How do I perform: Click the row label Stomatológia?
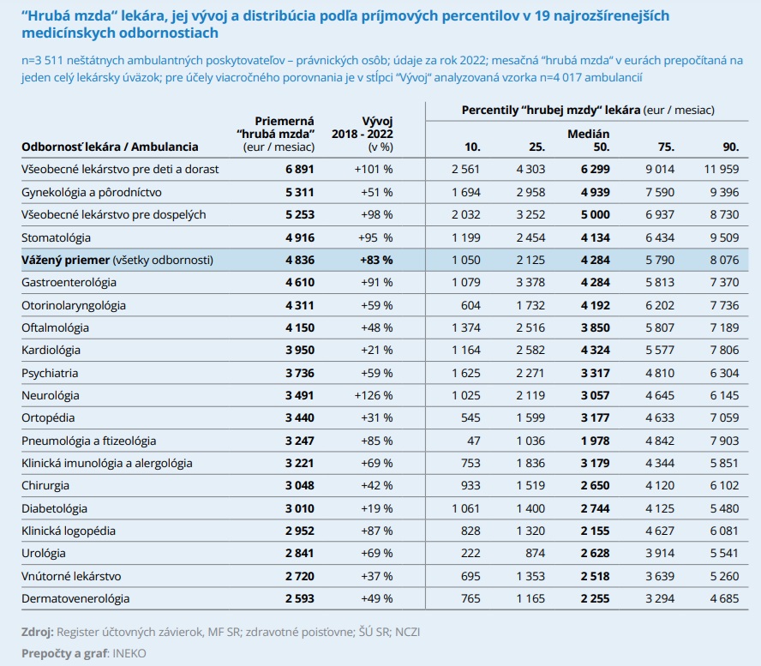56,238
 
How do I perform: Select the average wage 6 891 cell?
300,169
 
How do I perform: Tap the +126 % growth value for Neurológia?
374,395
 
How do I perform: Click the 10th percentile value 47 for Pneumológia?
474,441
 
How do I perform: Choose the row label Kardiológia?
51,350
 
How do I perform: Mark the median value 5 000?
596,214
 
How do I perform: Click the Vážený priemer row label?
65,261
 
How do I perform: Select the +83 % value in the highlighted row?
376,261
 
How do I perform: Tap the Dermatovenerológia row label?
75,598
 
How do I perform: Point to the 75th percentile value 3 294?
660,598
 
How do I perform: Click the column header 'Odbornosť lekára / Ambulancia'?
110,147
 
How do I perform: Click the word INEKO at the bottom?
129,653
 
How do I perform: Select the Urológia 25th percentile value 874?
535,554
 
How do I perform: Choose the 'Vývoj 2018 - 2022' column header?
363,134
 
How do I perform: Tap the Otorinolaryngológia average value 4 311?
300,305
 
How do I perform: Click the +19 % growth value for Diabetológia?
376,508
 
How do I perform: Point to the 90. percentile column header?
731,147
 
